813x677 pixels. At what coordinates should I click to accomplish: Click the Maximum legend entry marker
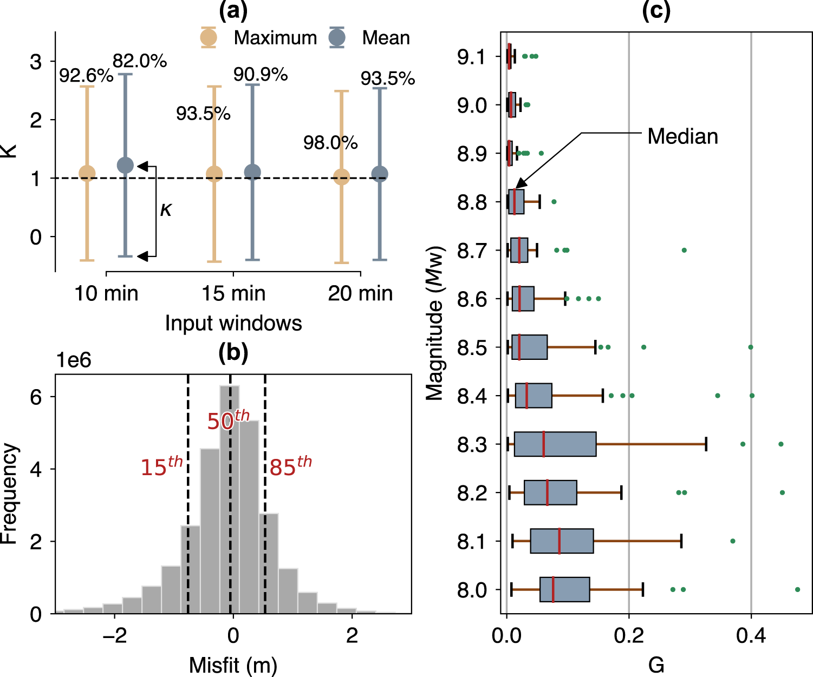click(209, 37)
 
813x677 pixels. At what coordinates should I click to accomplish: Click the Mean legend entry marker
click(337, 37)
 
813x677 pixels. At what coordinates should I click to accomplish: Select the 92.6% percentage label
click(86, 76)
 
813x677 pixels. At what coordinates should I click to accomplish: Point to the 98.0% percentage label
click(330, 143)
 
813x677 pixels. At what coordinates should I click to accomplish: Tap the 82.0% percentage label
click(140, 61)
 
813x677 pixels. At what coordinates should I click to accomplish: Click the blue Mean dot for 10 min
click(125, 165)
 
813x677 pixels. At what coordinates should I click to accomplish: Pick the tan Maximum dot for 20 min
click(341, 177)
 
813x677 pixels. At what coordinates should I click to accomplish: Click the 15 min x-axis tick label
click(233, 293)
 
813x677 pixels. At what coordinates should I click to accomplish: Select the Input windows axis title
click(233, 323)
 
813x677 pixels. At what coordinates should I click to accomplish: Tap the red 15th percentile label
click(161, 466)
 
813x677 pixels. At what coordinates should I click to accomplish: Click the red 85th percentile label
click(291, 466)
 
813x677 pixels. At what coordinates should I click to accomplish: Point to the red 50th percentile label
click(228, 420)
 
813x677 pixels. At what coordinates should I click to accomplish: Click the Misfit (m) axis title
click(233, 665)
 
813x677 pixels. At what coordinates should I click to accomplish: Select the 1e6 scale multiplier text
click(74, 360)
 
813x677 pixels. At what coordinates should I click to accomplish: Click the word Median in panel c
click(682, 136)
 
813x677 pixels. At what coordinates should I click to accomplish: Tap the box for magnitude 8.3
click(555, 444)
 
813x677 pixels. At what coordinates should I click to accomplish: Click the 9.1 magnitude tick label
click(472, 56)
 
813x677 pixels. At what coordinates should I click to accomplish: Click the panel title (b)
click(233, 352)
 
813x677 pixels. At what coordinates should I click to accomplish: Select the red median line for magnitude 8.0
click(553, 589)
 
